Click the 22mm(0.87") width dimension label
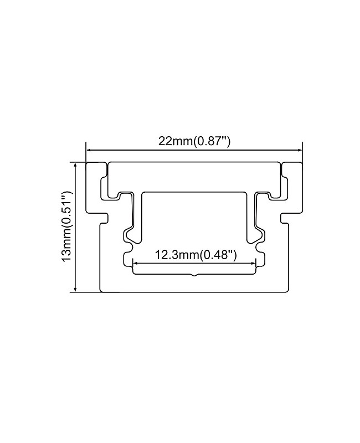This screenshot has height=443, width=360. (x=194, y=141)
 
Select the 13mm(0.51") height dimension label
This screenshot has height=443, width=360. (x=67, y=226)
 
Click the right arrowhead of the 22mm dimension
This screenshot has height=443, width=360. (x=299, y=150)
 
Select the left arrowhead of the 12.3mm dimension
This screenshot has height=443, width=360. (x=135, y=264)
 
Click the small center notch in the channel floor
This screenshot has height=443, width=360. (x=194, y=274)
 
